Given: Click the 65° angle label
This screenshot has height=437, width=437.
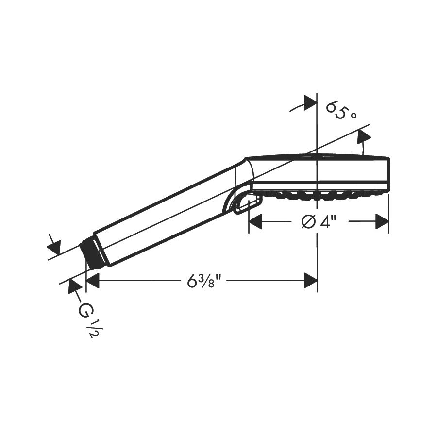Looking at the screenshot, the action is pyautogui.click(x=341, y=111).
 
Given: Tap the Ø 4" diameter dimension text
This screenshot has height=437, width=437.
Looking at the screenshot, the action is pyautogui.click(x=319, y=222).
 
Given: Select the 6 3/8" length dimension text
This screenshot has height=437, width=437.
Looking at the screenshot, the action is pyautogui.click(x=204, y=281).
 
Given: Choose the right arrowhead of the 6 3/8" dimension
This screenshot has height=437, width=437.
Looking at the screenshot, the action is pyautogui.click(x=310, y=280).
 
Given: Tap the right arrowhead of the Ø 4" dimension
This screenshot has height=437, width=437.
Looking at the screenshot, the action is pyautogui.click(x=382, y=221).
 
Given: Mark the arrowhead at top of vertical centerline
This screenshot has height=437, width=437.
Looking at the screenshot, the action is pyautogui.click(x=310, y=102).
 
